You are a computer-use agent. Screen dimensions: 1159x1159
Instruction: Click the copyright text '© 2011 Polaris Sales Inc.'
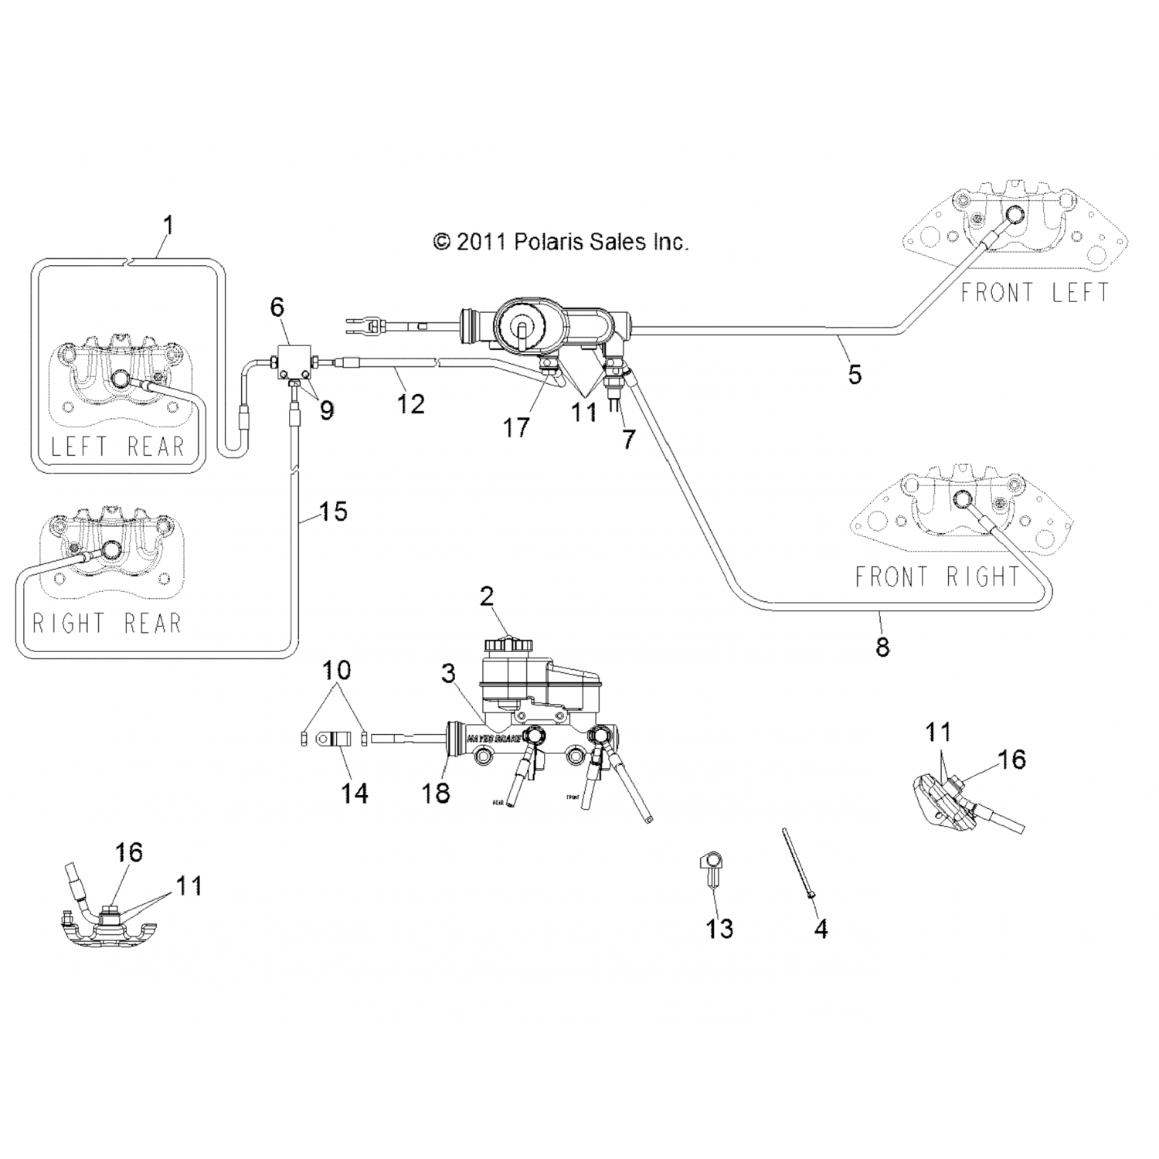coord(560,242)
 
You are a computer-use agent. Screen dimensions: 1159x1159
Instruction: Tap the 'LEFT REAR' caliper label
coord(117,447)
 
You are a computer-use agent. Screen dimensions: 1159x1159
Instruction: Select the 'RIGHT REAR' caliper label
coord(107,623)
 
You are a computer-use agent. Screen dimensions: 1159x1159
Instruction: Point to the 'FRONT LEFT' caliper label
coord(1035,293)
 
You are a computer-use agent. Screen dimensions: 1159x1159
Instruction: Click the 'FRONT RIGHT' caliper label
coord(937,576)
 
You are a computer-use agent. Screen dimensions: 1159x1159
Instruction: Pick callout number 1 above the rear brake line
coord(168,226)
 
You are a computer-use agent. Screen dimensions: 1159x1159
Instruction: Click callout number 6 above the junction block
coord(277,307)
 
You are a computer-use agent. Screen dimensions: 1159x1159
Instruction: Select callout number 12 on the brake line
coord(411,403)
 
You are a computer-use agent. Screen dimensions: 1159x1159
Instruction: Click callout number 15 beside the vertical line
coord(333,512)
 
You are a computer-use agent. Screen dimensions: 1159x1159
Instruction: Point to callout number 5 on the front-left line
coord(855,374)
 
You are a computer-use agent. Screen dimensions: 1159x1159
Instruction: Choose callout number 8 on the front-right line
coord(882,646)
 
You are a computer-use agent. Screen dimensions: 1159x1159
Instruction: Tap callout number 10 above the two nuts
coord(337,669)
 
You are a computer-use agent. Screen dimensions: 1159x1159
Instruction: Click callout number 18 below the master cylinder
coord(436,792)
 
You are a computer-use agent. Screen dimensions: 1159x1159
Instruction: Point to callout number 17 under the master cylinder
coord(516,427)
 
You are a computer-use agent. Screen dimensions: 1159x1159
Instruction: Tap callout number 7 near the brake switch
coord(628,439)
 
